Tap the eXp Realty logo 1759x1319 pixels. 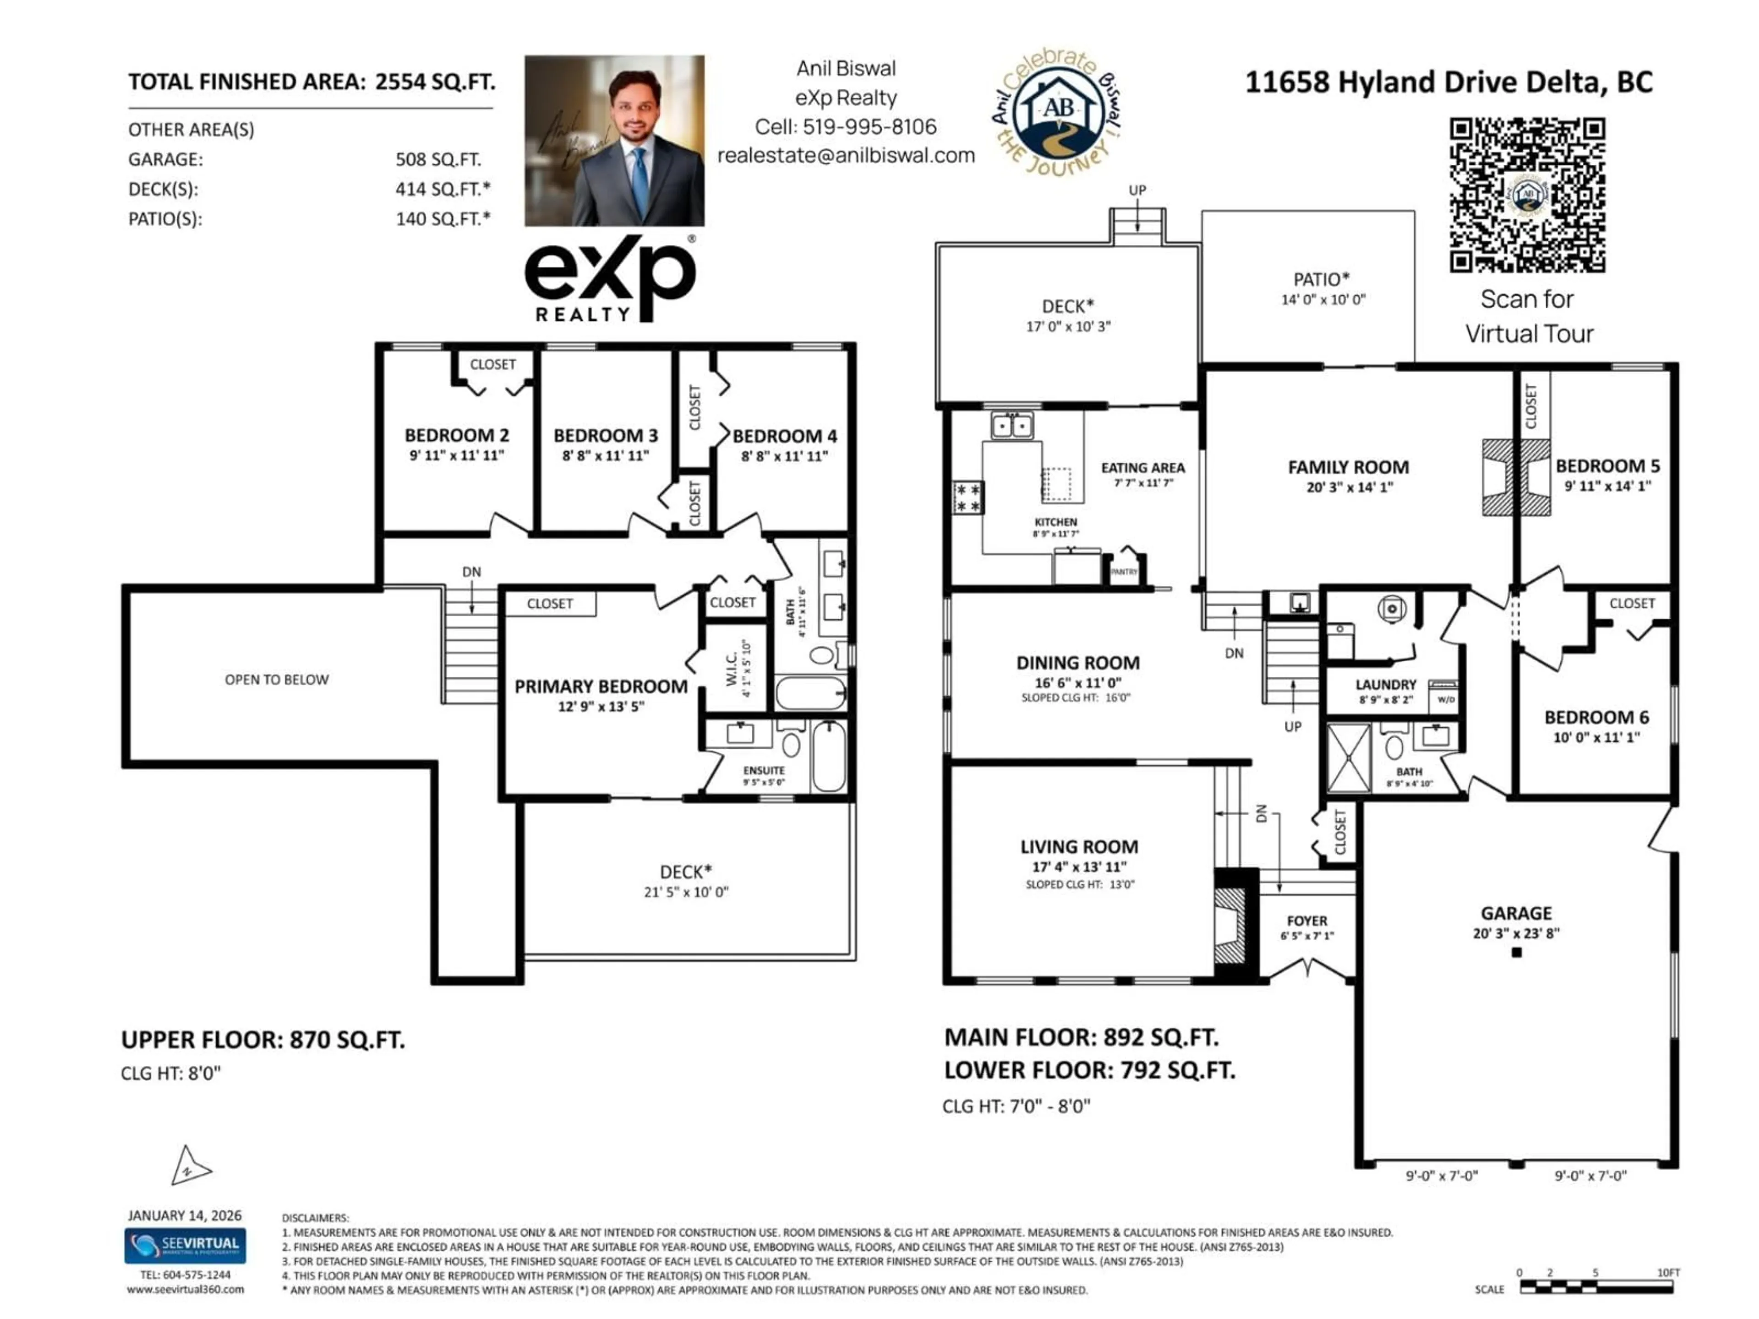(610, 278)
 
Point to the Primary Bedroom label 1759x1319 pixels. (601, 686)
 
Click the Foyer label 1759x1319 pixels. (1306, 921)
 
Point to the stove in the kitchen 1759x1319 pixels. (968, 498)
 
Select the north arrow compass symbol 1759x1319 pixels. (189, 1167)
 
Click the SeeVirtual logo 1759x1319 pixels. (185, 1245)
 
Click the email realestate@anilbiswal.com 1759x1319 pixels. (846, 156)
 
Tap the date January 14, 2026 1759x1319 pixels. (185, 1215)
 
